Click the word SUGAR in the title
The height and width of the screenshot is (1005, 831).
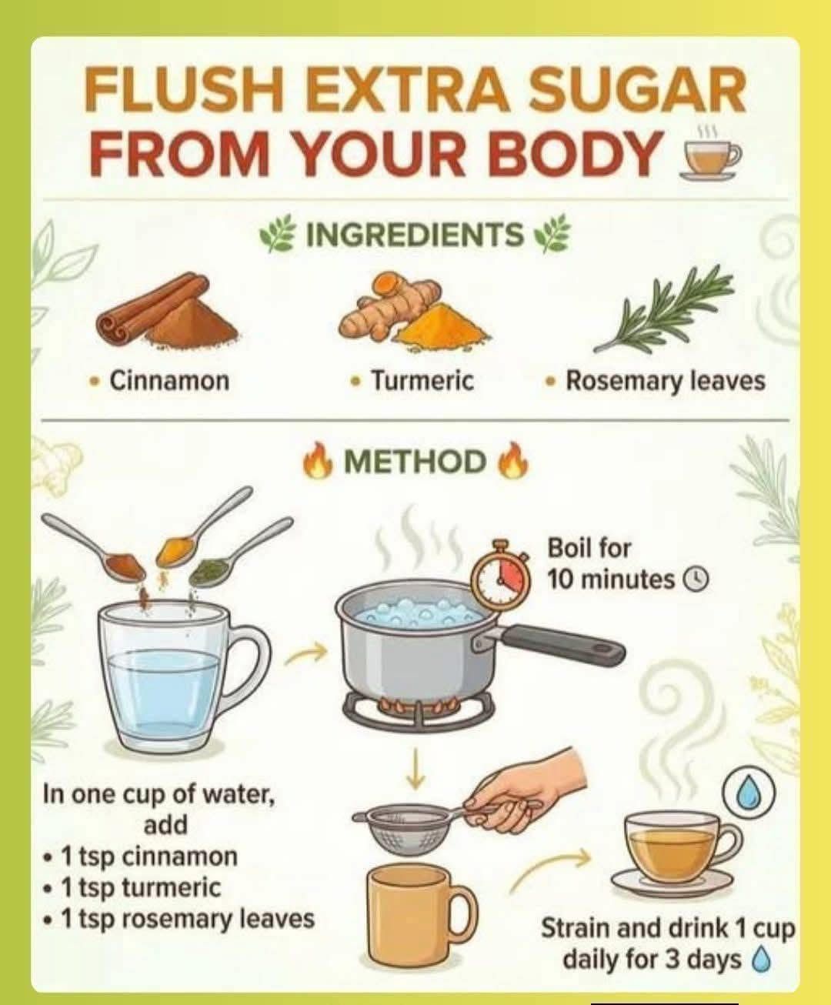[638, 92]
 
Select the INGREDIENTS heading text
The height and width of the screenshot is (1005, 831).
[415, 234]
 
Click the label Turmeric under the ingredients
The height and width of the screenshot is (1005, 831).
[422, 381]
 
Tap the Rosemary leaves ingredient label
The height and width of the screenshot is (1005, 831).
[665, 381]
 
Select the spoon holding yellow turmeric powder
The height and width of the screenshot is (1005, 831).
[202, 529]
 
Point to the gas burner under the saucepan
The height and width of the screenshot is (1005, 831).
[419, 710]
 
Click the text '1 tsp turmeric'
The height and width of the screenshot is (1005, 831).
[141, 887]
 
